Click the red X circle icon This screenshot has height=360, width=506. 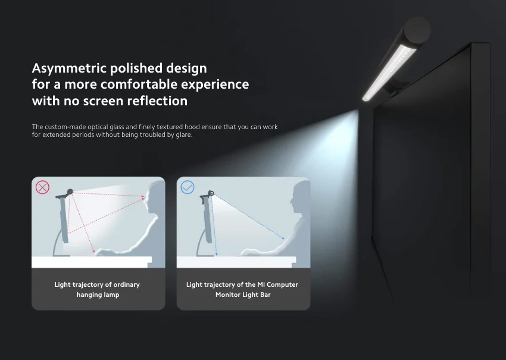[42, 187]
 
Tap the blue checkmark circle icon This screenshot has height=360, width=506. [188, 187]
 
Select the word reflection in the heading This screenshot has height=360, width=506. [157, 101]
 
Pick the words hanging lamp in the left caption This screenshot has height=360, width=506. [98, 295]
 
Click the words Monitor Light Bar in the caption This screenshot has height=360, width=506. [243, 295]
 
